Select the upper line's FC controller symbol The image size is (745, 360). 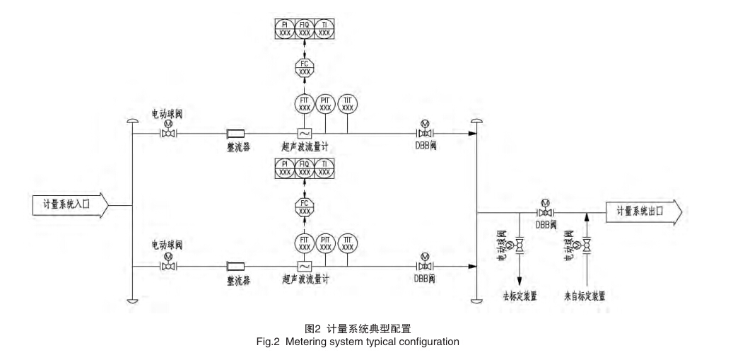[305, 68]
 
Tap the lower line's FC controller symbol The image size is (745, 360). [305, 207]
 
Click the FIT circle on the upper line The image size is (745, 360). [305, 103]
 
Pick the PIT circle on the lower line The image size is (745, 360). [326, 243]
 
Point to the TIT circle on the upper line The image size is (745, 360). [348, 103]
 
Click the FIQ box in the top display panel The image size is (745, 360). [305, 29]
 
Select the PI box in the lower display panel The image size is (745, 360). [284, 168]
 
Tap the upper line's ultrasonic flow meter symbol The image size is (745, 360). [305, 133]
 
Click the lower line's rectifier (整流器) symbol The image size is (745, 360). [235, 266]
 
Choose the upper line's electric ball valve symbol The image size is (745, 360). [168, 133]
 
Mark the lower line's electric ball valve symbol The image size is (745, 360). [168, 266]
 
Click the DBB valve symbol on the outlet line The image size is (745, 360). [545, 212]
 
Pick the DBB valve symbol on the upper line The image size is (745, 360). [424, 133]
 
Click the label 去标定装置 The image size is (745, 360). [520, 296]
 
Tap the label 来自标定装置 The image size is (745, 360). [585, 296]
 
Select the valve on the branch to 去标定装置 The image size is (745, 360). [520, 245]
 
